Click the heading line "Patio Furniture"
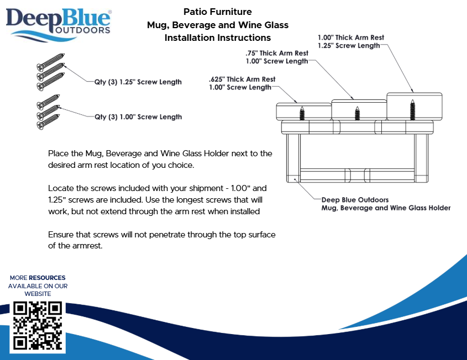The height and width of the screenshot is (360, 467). pyautogui.click(x=217, y=12)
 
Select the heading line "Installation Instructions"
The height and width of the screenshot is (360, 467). pyautogui.click(x=217, y=38)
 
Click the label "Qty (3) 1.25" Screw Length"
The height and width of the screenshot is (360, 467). pyautogui.click(x=138, y=82)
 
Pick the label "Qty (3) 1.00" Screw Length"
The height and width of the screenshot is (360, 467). pyautogui.click(x=138, y=117)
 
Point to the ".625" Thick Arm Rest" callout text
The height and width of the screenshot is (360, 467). pyautogui.click(x=242, y=80)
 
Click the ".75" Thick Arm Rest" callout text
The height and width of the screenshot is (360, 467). pyautogui.click(x=277, y=53)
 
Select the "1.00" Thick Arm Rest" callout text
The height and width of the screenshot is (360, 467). pyautogui.click(x=350, y=38)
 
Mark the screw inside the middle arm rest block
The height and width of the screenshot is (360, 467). pyautogui.click(x=357, y=112)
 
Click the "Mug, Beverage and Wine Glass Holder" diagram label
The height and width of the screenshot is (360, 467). pyautogui.click(x=386, y=208)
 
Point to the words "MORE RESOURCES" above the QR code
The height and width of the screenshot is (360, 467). pyautogui.click(x=38, y=278)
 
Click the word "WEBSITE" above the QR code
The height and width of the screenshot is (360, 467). pyautogui.click(x=38, y=294)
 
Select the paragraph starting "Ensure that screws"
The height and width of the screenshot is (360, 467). pyautogui.click(x=161, y=240)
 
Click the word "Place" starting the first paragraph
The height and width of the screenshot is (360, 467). pyautogui.click(x=59, y=153)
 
